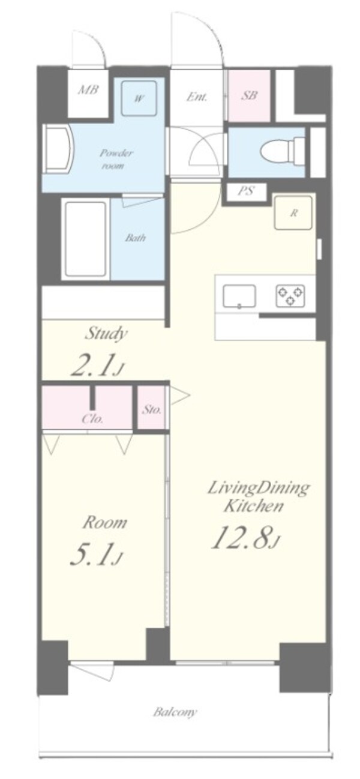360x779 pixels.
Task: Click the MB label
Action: [88, 90]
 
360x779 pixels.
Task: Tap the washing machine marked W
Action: [139, 98]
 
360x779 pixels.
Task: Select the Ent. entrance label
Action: [197, 97]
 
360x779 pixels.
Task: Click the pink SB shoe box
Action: [249, 95]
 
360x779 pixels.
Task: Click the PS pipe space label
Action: [246, 191]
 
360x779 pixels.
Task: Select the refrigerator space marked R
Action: [293, 213]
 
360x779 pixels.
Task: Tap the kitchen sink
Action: [239, 296]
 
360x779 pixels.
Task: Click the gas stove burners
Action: [291, 296]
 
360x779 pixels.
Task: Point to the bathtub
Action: [86, 239]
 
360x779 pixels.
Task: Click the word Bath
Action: [136, 238]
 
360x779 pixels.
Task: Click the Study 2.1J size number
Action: [97, 366]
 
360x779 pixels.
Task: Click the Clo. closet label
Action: [92, 419]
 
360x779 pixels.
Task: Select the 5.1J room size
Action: [96, 555]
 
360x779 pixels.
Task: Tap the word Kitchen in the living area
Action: [253, 506]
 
